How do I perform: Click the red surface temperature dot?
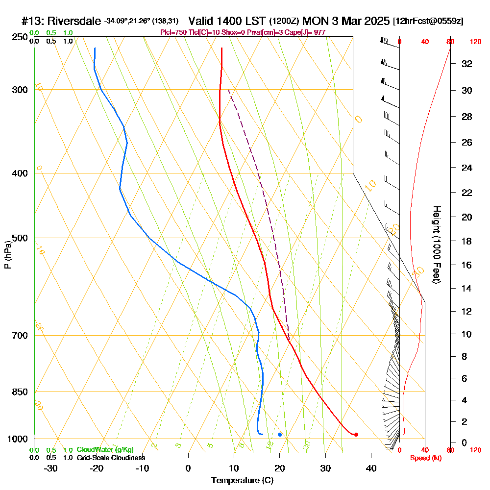(x=356, y=435)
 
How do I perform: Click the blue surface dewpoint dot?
(x=280, y=435)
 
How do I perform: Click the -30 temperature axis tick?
(x=51, y=468)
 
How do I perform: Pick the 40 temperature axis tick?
(x=371, y=468)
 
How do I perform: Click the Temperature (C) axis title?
(x=242, y=481)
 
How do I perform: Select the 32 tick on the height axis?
(x=467, y=64)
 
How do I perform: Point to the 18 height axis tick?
(x=467, y=241)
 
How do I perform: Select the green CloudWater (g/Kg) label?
(x=105, y=450)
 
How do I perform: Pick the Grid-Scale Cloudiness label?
(x=111, y=458)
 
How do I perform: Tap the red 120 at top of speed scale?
(x=475, y=42)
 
